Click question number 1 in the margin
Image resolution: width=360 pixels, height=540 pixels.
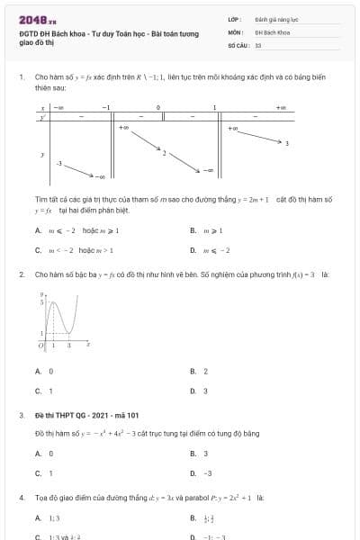(21, 77)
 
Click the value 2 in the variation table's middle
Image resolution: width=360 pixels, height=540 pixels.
(164, 153)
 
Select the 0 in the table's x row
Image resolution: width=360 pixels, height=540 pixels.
(158, 108)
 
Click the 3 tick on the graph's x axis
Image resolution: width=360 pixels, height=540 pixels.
(69, 346)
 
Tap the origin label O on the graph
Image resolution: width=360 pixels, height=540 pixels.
(40, 346)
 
